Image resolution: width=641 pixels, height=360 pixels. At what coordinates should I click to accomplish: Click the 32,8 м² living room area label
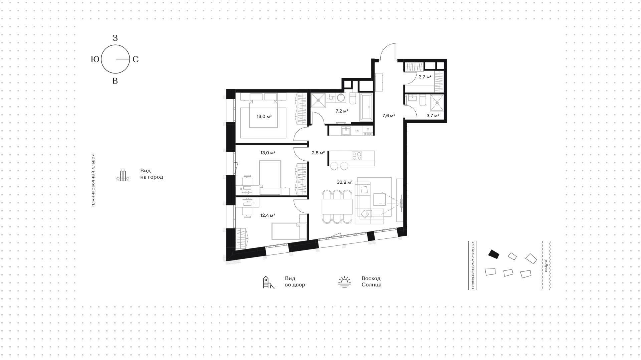coord(345,182)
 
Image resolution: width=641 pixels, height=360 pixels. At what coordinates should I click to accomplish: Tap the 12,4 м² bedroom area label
coord(268,215)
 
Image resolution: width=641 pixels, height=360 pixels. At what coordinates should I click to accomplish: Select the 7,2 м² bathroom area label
coord(342,111)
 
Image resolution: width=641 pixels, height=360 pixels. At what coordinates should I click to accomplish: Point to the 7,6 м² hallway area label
coord(389,116)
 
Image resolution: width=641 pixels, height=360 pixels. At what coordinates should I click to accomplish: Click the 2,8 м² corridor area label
coord(318,153)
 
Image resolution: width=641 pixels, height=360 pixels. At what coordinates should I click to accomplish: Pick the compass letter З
coord(115,38)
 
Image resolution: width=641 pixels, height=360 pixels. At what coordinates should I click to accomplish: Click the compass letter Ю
coord(95,59)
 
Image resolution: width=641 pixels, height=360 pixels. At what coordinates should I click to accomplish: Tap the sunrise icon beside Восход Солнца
coord(345,282)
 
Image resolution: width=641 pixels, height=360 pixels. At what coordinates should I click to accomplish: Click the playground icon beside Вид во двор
coord(269,282)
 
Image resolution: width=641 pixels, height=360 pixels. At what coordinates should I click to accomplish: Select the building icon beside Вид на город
coord(123,175)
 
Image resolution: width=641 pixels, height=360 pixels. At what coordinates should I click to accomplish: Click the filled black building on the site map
coord(494,254)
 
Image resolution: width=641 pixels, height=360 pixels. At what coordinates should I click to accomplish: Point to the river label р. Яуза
coord(546,265)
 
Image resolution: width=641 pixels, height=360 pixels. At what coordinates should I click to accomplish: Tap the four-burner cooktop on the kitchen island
coord(357,156)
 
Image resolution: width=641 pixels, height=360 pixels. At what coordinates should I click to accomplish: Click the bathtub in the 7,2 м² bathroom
coord(367,107)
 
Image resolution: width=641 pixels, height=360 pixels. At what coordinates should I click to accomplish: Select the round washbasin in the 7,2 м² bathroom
coord(341,98)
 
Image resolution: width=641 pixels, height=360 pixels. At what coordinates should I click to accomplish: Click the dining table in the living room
coord(337,206)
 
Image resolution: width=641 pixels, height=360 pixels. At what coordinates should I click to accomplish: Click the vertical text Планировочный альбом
coord(93,180)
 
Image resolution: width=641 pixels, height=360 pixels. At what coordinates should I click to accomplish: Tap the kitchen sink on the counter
coord(346,130)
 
